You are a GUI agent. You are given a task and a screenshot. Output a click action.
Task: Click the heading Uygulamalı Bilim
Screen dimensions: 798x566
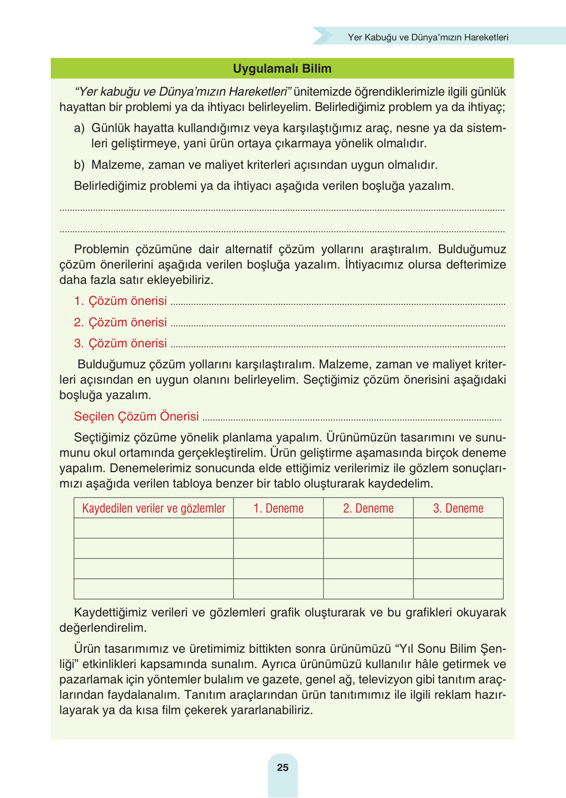pos(282,69)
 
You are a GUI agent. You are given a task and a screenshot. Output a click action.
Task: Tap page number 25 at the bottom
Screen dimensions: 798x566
pos(282,767)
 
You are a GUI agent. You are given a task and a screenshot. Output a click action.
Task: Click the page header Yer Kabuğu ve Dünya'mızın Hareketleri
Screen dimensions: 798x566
pos(428,37)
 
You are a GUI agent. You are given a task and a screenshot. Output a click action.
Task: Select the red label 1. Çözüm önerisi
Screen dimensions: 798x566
pos(120,301)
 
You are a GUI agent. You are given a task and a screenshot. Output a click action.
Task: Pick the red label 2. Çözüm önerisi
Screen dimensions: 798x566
pos(120,322)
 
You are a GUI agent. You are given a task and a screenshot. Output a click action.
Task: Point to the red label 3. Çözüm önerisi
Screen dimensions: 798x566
pos(120,343)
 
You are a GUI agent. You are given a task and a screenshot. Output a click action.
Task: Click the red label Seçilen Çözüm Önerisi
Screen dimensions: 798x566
pos(136,416)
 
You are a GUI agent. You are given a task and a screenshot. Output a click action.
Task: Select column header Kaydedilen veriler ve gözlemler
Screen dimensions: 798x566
pos(154,508)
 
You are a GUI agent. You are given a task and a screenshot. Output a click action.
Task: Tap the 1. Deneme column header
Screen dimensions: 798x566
pos(278,508)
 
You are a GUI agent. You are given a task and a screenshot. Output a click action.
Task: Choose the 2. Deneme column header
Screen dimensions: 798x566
pos(368,508)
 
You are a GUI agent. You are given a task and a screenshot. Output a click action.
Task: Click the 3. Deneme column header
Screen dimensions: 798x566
pos(458,508)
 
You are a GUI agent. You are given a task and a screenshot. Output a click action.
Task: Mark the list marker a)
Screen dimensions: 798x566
pos(79,128)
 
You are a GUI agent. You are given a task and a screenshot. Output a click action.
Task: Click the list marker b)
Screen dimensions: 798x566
pos(79,165)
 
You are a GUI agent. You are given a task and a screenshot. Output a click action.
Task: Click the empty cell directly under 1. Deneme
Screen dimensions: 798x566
pos(278,528)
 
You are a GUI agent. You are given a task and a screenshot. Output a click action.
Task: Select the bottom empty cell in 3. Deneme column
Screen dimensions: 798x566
pos(458,589)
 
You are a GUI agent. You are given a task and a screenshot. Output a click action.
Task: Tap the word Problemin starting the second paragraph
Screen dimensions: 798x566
pos(101,249)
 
